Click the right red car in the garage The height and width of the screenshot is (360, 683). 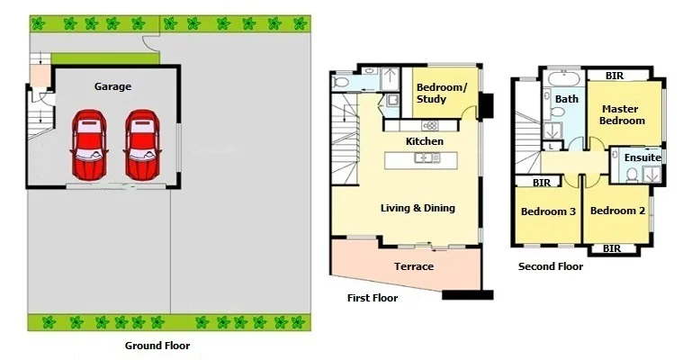[x=140, y=145]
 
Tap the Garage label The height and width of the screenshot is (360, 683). [x=112, y=86]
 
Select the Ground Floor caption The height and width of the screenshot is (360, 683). [x=157, y=345]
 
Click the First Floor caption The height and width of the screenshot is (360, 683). [x=372, y=298]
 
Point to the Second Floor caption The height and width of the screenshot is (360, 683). [x=550, y=266]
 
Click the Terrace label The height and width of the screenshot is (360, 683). [x=413, y=266]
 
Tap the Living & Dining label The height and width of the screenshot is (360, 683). [x=417, y=208]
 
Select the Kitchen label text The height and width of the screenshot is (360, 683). [x=424, y=141]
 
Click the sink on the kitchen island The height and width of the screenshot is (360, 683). [x=423, y=159]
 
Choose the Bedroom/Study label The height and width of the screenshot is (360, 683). [x=441, y=93]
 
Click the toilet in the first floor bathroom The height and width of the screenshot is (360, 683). [x=340, y=83]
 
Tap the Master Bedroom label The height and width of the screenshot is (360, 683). [x=623, y=114]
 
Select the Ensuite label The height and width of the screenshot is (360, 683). [x=643, y=157]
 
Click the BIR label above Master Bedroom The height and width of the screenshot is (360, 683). [x=615, y=76]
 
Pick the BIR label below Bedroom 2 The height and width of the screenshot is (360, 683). [x=612, y=248]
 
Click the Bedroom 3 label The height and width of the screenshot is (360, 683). [x=547, y=211]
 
